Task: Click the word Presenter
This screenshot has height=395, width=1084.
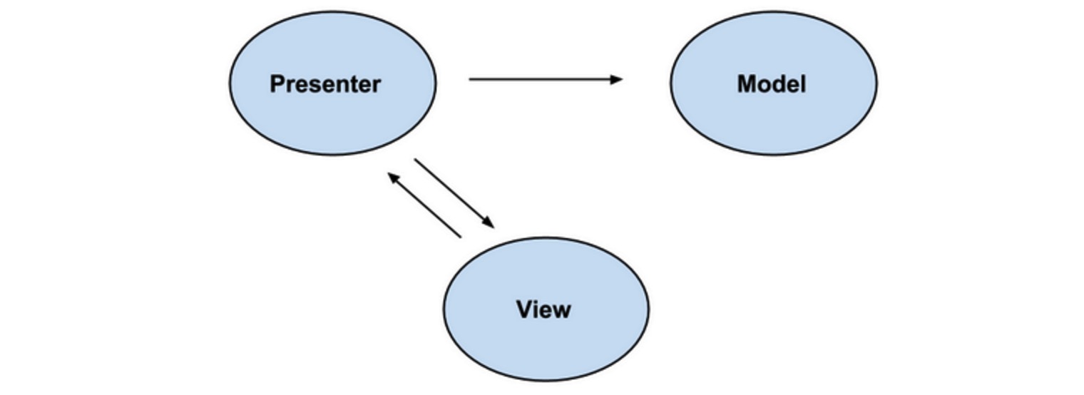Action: point(325,84)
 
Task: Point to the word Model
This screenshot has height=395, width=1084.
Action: point(772,84)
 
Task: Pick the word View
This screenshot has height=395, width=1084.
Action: point(543,309)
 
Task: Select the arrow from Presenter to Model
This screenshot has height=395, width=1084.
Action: point(542,79)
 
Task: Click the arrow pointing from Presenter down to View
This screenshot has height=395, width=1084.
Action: point(453,193)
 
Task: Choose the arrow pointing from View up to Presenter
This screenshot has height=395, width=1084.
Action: point(425,205)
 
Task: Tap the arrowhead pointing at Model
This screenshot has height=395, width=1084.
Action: point(618,79)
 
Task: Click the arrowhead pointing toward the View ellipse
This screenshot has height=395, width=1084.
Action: point(488,222)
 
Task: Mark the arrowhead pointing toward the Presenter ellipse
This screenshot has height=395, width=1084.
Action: point(393,177)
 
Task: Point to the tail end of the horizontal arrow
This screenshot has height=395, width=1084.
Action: point(471,79)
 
